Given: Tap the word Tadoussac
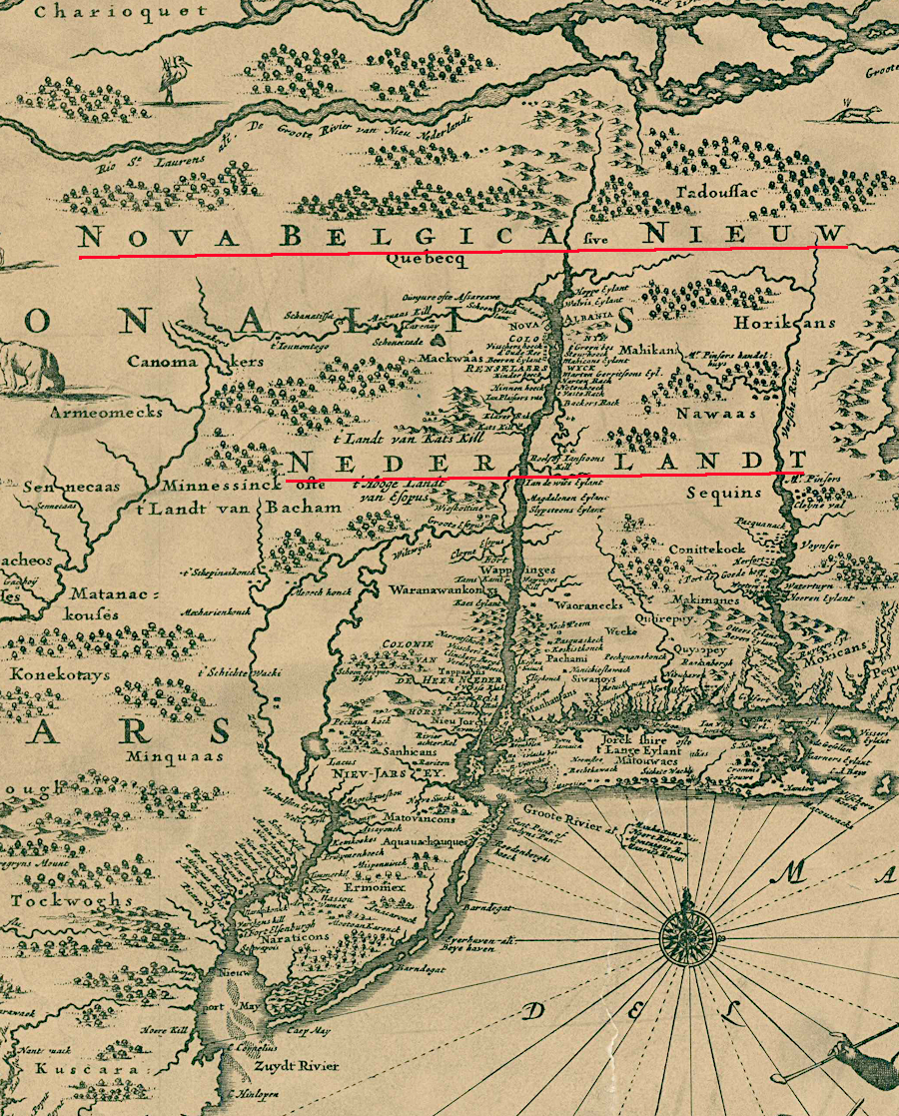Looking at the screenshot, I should tap(717, 192).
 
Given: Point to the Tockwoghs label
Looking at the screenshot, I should tap(71, 900).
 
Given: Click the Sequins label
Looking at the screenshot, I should tap(724, 494).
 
